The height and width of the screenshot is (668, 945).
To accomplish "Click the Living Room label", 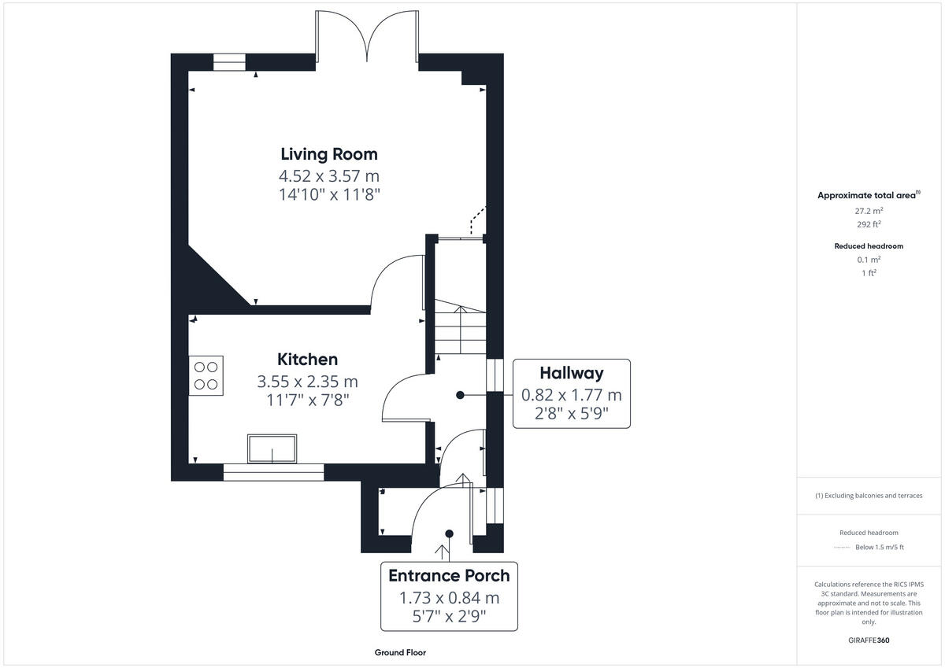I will (330, 154).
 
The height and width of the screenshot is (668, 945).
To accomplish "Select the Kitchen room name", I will (307, 360).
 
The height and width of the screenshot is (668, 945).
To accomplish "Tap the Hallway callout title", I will (571, 373).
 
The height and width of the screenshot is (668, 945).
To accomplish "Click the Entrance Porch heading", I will (449, 575).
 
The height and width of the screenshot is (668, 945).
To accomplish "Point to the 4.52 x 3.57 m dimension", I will (330, 175).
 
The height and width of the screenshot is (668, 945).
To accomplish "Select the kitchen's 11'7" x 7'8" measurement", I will (307, 400).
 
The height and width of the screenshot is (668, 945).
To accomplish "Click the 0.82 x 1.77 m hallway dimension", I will (571, 395).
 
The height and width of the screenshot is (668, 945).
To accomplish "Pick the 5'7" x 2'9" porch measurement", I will (449, 616).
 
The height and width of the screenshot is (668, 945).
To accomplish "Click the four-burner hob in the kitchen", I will (206, 375).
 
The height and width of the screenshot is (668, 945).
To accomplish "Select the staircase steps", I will (461, 330).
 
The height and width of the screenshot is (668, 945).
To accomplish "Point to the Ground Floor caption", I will (400, 652).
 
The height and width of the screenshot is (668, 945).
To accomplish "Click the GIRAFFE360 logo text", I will (869, 640).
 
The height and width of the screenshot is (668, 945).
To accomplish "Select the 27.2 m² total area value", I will (869, 211).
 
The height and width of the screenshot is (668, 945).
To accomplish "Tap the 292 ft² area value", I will (869, 224).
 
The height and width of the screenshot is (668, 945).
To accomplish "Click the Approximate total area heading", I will (868, 195).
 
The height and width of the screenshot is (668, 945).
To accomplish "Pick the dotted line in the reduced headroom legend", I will (843, 548).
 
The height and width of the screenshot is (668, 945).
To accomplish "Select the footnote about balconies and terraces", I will (869, 496).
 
